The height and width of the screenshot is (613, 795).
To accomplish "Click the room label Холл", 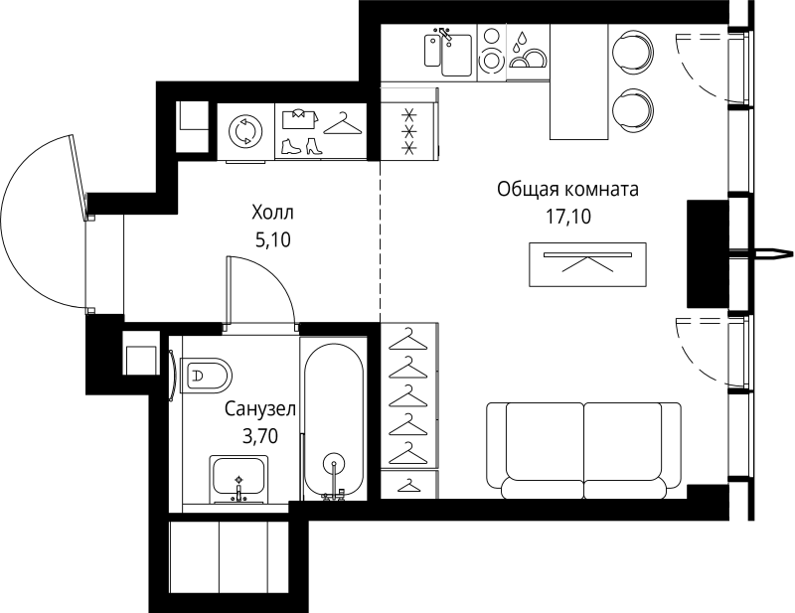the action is click(272, 213).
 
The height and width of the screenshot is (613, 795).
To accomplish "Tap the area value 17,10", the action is click(567, 217).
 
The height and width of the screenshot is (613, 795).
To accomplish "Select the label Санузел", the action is click(260, 408).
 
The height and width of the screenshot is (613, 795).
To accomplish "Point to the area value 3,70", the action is click(260, 435).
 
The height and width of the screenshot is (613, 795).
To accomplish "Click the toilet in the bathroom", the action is click(207, 376).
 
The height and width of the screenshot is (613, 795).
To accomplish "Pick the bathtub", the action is click(334, 422).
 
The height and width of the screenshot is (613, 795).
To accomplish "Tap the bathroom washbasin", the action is click(238, 479).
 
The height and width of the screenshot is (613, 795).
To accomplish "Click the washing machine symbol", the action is click(245, 132).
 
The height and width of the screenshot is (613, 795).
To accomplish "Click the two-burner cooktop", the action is click(491, 51).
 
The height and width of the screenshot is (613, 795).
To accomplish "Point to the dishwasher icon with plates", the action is click(528, 51).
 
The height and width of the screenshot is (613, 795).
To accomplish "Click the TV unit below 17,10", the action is click(587, 264).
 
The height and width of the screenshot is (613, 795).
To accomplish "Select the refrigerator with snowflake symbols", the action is click(408, 132).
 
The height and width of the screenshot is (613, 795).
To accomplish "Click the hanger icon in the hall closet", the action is click(343, 124).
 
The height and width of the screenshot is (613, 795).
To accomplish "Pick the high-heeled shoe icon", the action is click(314, 146).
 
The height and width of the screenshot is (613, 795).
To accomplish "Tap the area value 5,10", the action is click(272, 239).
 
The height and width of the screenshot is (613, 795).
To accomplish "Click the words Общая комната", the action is click(567, 189).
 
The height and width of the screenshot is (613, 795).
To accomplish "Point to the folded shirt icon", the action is click(300, 118).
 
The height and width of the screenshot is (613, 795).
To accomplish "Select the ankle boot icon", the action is click(291, 146).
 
